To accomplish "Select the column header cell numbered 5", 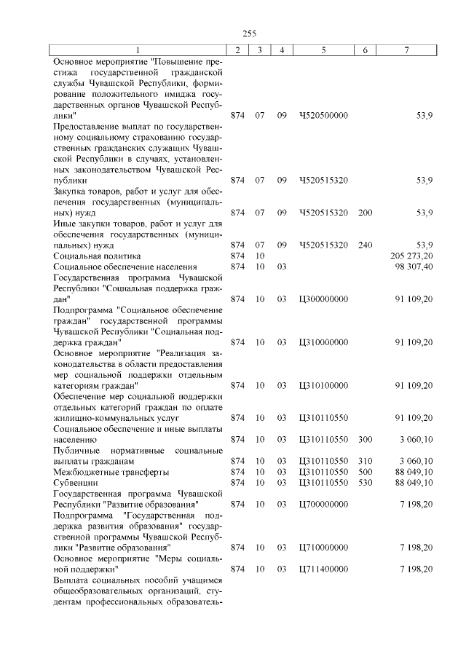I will coord(323,50).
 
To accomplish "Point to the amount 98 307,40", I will coord(414,267).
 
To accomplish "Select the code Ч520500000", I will coord(323,115).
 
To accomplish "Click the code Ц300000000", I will coord(323,299).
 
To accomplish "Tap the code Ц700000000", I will coord(323,504).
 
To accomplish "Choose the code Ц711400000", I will coord(323,569).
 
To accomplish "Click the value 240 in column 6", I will coord(366,245).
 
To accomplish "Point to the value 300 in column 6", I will coord(366,439).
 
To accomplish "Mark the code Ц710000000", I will coord(323,547).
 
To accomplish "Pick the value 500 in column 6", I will coord(366,472).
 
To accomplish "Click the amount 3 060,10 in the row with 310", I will coord(416,461).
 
